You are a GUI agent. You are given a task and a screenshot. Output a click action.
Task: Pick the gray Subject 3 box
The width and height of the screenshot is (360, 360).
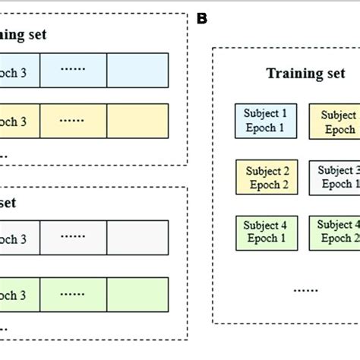point(334,177)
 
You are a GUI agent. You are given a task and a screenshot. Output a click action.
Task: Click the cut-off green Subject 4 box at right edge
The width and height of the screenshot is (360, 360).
point(334,231)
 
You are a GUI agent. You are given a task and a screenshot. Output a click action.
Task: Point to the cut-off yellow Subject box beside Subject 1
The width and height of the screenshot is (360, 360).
point(334,122)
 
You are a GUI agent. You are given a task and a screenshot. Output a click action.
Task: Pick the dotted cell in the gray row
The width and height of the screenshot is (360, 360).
point(73,237)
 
